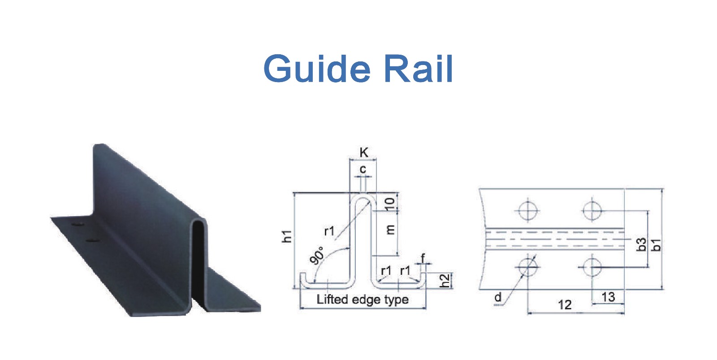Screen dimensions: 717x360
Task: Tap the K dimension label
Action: click(x=364, y=152)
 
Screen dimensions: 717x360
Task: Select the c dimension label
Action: click(x=363, y=169)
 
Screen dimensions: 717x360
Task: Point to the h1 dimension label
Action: click(x=287, y=236)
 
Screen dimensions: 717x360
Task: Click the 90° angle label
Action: click(x=317, y=256)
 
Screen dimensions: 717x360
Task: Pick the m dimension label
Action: click(x=390, y=230)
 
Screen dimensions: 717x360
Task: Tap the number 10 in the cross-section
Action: click(x=389, y=204)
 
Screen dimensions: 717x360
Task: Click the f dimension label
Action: click(x=423, y=258)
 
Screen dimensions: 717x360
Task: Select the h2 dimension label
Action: click(x=445, y=281)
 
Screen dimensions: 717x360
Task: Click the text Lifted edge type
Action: click(x=363, y=299)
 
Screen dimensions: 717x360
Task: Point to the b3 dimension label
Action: click(x=641, y=244)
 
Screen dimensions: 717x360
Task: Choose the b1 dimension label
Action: click(x=656, y=245)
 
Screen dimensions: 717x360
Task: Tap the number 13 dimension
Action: click(x=608, y=297)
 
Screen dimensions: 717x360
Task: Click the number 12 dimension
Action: click(x=565, y=304)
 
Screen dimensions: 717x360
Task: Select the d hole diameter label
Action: click(x=498, y=297)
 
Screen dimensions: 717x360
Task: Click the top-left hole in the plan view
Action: click(x=527, y=210)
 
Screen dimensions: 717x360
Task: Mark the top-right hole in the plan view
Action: click(x=592, y=210)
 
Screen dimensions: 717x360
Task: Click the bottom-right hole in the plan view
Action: click(x=592, y=267)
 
